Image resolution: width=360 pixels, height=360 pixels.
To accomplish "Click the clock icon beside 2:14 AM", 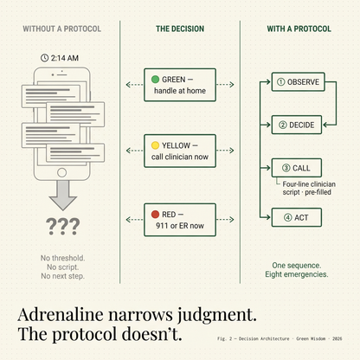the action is coord(44,58).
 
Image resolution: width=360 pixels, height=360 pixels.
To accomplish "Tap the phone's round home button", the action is coord(61,172).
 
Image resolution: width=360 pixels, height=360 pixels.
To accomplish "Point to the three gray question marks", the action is coord(62,226).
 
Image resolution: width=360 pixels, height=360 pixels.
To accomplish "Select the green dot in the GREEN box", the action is coord(155,79).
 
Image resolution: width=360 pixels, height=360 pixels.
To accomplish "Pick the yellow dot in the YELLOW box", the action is coord(155,145).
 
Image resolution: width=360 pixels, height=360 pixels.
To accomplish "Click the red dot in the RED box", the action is coord(155,214).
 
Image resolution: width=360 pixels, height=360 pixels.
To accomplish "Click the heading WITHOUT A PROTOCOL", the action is coord(62,29).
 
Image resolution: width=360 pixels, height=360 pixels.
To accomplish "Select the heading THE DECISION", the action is coord(180,29).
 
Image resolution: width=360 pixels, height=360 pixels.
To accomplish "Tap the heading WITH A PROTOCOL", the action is coord(299,29).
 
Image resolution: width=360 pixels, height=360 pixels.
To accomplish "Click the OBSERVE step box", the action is coord(299,82).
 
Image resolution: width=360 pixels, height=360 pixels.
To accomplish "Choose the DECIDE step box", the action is coord(297,125).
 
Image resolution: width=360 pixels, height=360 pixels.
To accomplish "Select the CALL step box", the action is coord(297,168).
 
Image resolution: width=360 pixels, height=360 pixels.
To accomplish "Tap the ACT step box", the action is coord(297,217).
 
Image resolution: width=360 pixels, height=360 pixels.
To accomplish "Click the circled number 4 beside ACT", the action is coord(288,217).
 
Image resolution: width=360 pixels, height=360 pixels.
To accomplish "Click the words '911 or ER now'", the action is coord(180,226).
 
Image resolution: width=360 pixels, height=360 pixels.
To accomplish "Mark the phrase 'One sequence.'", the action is coord(297,266).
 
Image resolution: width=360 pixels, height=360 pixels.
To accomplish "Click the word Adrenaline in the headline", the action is coord(61,314).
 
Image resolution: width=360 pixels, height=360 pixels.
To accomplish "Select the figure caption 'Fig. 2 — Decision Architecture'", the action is coord(254,338).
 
